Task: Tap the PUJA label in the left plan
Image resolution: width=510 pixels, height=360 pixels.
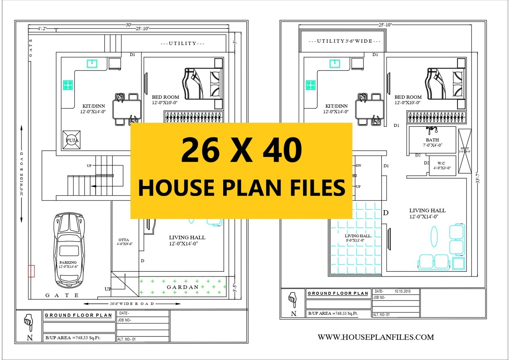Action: tap(72, 140)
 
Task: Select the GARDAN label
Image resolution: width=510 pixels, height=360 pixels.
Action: tap(183, 287)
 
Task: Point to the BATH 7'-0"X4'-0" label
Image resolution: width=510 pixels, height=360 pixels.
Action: tap(432, 142)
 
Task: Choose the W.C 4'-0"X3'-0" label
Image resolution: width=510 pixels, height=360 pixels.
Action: tap(442, 165)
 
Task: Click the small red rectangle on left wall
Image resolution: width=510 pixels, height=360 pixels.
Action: tap(31, 271)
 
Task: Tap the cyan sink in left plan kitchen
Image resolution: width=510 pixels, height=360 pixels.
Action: tap(92, 63)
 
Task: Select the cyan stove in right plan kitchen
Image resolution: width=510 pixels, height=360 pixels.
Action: tap(310, 85)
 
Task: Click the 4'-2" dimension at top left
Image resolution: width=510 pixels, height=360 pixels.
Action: tap(42, 29)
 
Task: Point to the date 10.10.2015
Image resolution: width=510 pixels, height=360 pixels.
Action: tap(403, 292)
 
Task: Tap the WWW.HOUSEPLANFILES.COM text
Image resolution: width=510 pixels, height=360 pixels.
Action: tap(376, 337)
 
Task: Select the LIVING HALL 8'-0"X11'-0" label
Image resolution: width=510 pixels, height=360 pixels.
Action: tap(358, 238)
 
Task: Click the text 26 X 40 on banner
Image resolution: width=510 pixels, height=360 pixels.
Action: tap(241, 150)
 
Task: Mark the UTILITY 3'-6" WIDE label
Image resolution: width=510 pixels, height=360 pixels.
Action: tap(345, 41)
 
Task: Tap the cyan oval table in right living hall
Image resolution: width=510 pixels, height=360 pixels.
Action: tap(434, 236)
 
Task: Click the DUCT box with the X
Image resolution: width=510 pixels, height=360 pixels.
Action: tap(465, 151)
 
